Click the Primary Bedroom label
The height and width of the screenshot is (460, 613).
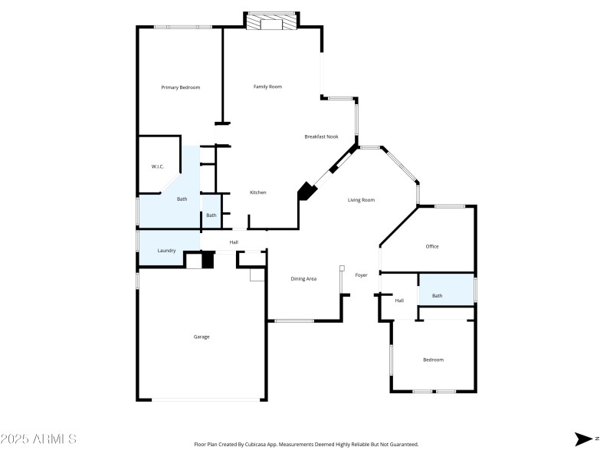180,87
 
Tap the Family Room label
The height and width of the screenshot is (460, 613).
267,87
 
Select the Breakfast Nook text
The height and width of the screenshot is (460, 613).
321,136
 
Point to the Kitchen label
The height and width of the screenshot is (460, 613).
257,192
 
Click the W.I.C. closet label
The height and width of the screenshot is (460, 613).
158,166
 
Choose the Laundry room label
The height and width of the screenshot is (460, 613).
167,251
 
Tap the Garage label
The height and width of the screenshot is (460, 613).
202,337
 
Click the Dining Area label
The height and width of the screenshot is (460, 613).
303,278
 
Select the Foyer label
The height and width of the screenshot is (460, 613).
361,275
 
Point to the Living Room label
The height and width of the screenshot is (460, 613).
361,200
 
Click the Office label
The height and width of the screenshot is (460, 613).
432,246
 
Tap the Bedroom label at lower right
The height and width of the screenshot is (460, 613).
433,360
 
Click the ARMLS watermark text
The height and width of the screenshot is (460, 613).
38,439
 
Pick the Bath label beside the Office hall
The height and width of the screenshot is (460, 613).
437,296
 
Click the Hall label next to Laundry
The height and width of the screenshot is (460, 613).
234,243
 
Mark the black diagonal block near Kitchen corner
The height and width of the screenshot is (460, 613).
307,191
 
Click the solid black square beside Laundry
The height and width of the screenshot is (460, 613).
207,260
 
